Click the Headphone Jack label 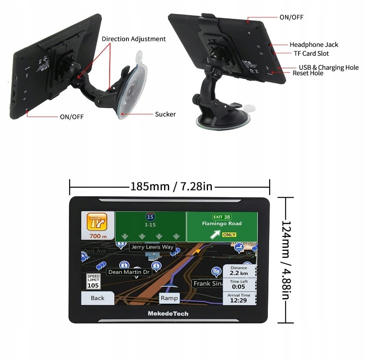314,45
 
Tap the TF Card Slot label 311,54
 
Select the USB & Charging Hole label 329,67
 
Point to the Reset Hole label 308,73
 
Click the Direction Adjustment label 134,39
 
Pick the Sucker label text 165,114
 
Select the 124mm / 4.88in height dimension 285,260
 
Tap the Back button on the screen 98,298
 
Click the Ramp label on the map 169,298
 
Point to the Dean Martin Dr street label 129,272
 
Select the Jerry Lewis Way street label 152,247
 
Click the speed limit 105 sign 93,282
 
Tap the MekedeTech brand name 168,314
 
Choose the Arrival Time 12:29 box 239,298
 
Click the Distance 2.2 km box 239,270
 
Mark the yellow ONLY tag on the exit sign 229,235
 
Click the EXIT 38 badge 222,217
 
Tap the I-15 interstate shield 150,217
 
